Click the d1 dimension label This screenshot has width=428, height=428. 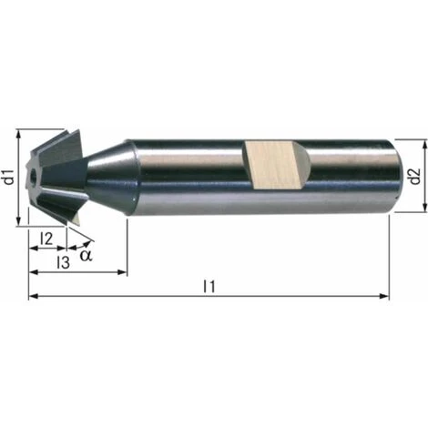click(x=10, y=178)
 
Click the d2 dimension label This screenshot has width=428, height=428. click(x=415, y=177)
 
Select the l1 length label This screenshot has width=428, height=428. click(x=209, y=287)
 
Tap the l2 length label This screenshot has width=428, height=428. click(x=46, y=239)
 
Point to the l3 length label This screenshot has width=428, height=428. click(x=64, y=262)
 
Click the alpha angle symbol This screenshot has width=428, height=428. click(x=86, y=255)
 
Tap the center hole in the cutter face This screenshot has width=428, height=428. click(x=33, y=175)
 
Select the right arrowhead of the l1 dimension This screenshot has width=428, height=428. click(x=384, y=296)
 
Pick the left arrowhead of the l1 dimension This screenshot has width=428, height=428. click(x=34, y=296)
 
